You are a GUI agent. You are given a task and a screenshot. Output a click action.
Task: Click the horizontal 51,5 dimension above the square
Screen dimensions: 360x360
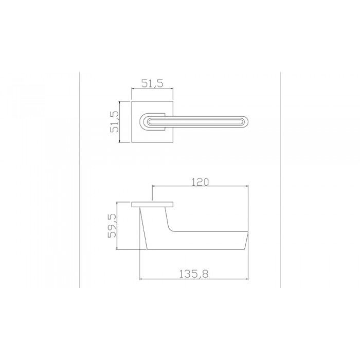click(x=152, y=84)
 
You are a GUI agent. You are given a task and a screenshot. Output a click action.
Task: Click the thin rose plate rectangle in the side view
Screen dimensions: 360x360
click(x=152, y=205)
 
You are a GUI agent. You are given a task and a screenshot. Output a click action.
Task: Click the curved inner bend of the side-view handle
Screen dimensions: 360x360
click(x=171, y=229)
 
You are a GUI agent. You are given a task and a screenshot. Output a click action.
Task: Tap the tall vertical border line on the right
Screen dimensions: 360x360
click(x=280, y=180)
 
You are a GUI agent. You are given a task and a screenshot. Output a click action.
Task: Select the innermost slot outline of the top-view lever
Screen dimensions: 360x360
click(x=195, y=122)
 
